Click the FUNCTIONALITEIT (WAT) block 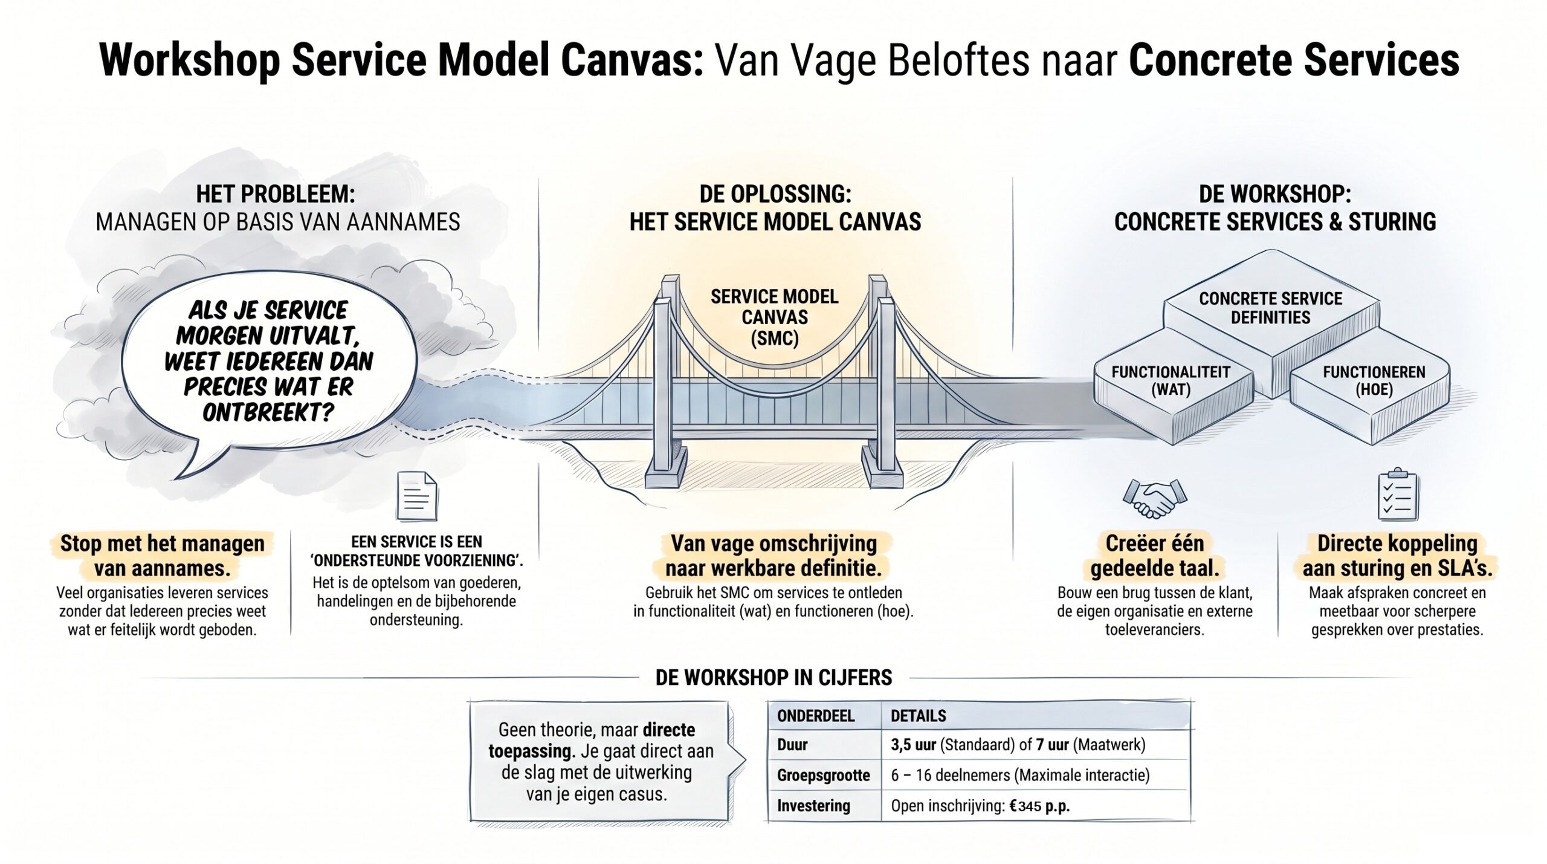click(1171, 381)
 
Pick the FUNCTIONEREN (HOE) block click(1374, 381)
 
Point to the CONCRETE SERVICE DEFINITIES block click(1270, 308)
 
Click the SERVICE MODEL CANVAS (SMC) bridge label click(774, 317)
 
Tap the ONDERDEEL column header click(815, 716)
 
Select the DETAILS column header click(918, 716)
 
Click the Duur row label click(792, 745)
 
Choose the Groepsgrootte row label click(823, 775)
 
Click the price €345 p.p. click(1039, 806)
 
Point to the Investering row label click(813, 806)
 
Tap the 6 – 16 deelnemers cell click(1019, 775)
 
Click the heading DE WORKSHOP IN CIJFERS click(773, 678)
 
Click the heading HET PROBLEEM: click(276, 195)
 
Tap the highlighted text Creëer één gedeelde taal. click(1154, 556)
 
